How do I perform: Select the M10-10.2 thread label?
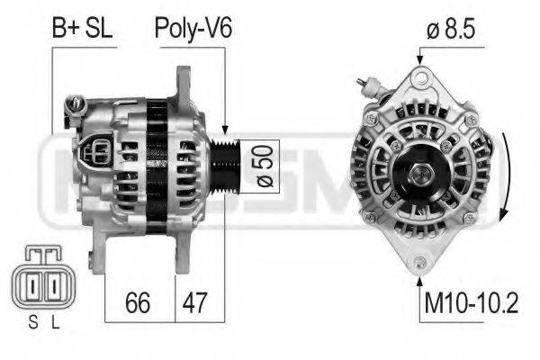tap(471, 303)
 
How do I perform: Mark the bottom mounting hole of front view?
tap(419, 263)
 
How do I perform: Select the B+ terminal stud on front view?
tap(368, 86)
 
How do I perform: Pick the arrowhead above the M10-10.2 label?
tap(419, 276)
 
